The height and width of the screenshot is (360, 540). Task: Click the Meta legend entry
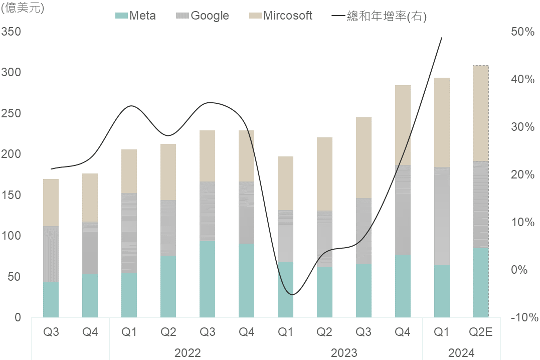(136, 16)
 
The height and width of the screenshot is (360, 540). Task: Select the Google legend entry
(203, 16)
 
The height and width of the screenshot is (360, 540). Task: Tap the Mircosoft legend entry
(281, 16)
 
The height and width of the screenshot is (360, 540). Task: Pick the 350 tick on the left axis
(11, 32)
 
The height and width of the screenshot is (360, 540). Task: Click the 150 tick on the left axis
(11, 195)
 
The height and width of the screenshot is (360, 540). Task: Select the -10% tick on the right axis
(524, 317)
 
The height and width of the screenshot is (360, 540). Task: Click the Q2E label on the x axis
(481, 332)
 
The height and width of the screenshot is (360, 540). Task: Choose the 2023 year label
(344, 353)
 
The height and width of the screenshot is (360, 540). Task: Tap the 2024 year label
(461, 353)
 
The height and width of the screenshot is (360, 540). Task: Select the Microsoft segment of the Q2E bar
(481, 113)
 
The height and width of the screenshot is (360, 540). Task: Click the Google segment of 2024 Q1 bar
(442, 216)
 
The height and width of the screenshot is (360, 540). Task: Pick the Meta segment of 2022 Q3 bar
(207, 279)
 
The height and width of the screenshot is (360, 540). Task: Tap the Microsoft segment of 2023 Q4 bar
(403, 125)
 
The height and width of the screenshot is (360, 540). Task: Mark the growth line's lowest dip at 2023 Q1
(292, 294)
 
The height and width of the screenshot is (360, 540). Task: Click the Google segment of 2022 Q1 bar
(129, 233)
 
